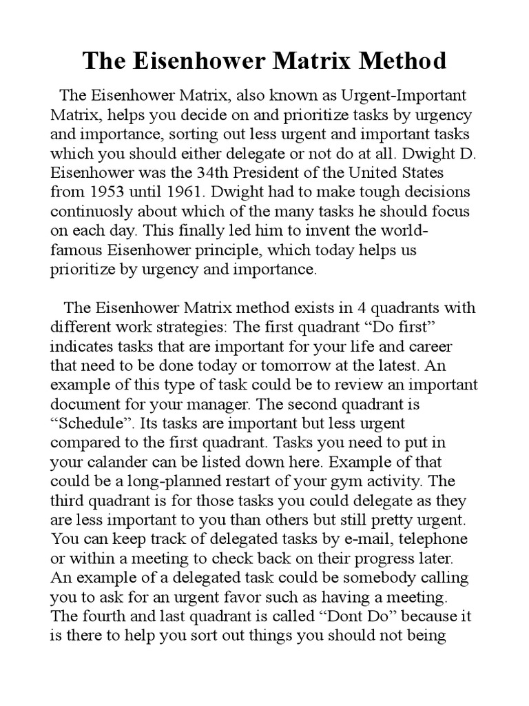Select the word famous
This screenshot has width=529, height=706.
click(x=77, y=249)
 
